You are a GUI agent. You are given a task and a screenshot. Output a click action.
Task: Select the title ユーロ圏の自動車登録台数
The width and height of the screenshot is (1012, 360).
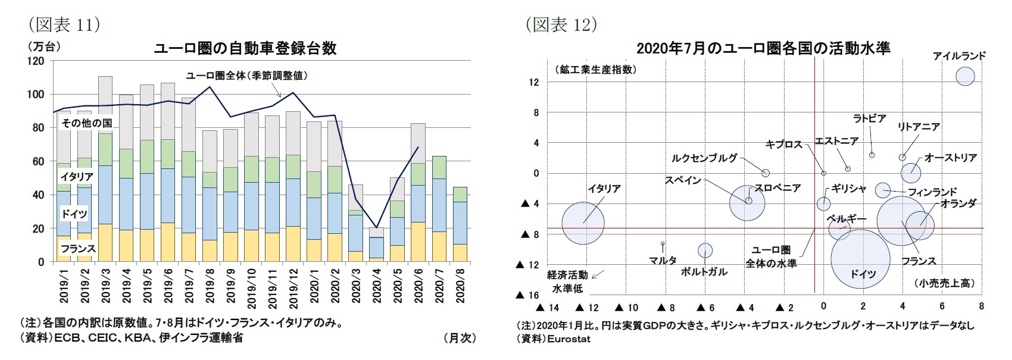pos(245,48)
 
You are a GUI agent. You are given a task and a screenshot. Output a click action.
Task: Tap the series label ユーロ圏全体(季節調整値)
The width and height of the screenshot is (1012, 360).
pos(247,76)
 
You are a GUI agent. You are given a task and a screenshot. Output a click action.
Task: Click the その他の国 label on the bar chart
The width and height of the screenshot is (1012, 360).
pos(86,123)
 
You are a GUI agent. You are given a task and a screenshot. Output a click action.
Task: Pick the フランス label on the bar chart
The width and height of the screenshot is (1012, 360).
pos(77,248)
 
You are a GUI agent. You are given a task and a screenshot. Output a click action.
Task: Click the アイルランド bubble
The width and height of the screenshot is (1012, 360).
pos(965,76)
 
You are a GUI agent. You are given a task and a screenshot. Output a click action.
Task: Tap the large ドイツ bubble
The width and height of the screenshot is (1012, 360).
pos(860,259)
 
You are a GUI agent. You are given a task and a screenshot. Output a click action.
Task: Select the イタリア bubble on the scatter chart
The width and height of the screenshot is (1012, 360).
pos(583,223)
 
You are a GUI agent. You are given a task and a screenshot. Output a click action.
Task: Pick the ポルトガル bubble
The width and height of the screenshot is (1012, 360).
pos(705,250)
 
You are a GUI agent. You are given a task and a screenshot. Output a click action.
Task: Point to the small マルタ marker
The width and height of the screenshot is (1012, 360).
pos(663,243)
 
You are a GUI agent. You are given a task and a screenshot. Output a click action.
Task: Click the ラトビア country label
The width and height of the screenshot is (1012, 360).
pos(870,118)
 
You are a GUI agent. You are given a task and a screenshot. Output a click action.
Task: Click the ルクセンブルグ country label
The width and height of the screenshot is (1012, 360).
pos(704,158)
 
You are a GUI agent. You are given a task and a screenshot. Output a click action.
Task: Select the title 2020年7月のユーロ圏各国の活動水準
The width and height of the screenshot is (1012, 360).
pos(763,48)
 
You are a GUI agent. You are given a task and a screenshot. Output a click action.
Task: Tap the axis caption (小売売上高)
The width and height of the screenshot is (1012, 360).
pos(946,283)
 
